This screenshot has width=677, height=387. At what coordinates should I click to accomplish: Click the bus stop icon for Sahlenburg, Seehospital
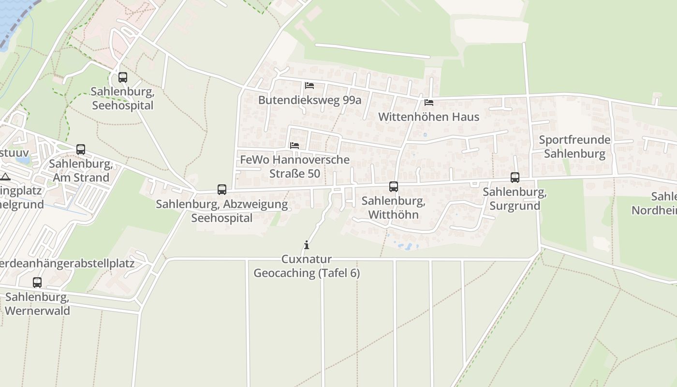(123, 77)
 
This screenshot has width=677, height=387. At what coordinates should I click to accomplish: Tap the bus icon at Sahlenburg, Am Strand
(81, 149)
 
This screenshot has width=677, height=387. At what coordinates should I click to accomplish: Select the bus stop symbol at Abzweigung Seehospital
(222, 190)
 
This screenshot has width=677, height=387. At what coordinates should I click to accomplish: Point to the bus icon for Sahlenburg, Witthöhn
(394, 187)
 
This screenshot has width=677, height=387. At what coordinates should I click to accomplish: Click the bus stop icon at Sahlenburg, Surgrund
(515, 178)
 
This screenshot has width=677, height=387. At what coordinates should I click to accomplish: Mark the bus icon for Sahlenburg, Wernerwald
(37, 283)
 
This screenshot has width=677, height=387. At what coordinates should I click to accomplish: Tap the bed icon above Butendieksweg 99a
(309, 86)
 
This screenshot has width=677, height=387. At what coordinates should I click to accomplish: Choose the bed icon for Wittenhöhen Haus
(429, 103)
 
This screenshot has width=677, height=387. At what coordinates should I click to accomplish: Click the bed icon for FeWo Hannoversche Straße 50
(294, 145)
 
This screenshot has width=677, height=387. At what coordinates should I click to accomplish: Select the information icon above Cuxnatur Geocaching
(306, 245)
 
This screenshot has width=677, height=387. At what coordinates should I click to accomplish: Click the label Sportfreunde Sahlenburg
(574, 147)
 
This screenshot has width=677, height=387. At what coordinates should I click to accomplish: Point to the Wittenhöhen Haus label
(428, 117)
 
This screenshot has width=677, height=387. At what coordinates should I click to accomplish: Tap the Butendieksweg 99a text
(309, 100)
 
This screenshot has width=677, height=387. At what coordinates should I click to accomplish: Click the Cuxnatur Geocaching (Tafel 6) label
(307, 266)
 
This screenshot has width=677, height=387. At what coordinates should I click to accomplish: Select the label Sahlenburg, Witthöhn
(393, 208)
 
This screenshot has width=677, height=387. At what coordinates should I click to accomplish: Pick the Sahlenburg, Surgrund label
(515, 199)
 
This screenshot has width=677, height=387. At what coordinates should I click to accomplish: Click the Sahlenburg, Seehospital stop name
(122, 98)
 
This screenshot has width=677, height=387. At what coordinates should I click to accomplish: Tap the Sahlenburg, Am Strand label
(81, 171)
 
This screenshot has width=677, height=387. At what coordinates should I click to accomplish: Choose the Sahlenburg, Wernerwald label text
(37, 303)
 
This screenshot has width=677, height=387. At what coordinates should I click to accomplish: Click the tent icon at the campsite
(5, 177)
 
